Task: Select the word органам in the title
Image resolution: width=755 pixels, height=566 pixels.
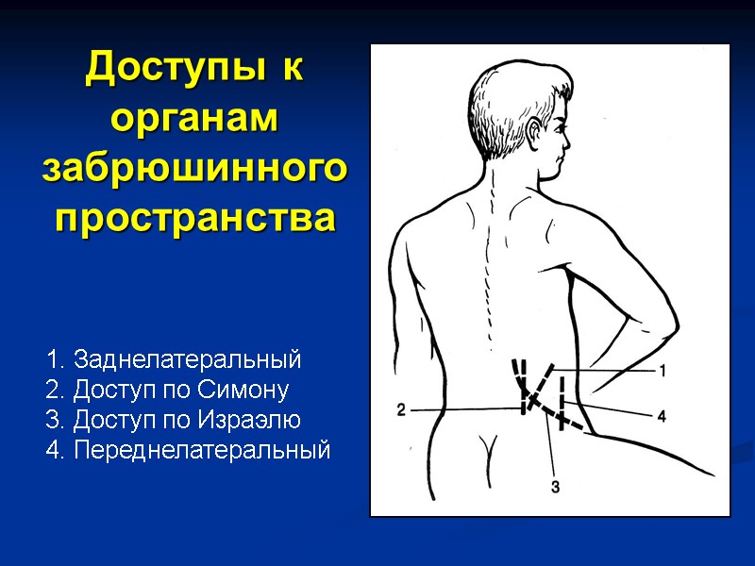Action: (x=195, y=120)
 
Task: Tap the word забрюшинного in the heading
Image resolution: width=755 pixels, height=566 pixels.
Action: (x=195, y=169)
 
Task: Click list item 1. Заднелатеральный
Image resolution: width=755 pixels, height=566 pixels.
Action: (x=174, y=359)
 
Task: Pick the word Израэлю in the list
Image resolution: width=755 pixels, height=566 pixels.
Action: (x=251, y=420)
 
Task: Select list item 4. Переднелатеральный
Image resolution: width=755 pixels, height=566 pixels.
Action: (x=189, y=450)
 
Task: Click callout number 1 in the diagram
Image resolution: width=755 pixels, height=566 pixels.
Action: (x=663, y=371)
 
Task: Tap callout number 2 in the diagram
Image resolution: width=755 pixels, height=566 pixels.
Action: (x=401, y=410)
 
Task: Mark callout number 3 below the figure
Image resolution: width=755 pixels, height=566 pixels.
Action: (x=555, y=487)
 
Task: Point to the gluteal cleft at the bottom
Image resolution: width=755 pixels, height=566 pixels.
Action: (x=488, y=448)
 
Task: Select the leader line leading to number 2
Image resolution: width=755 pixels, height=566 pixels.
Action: (x=462, y=409)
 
